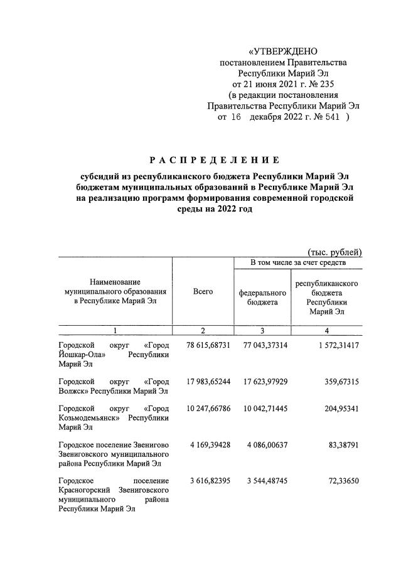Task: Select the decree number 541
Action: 333,117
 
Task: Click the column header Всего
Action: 203,291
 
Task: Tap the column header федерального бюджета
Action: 262,297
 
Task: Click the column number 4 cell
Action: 326,330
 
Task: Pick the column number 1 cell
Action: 115,330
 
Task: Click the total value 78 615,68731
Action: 203,346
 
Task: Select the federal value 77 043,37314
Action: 262,346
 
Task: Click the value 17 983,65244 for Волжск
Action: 203,380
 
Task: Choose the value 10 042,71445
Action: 262,409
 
